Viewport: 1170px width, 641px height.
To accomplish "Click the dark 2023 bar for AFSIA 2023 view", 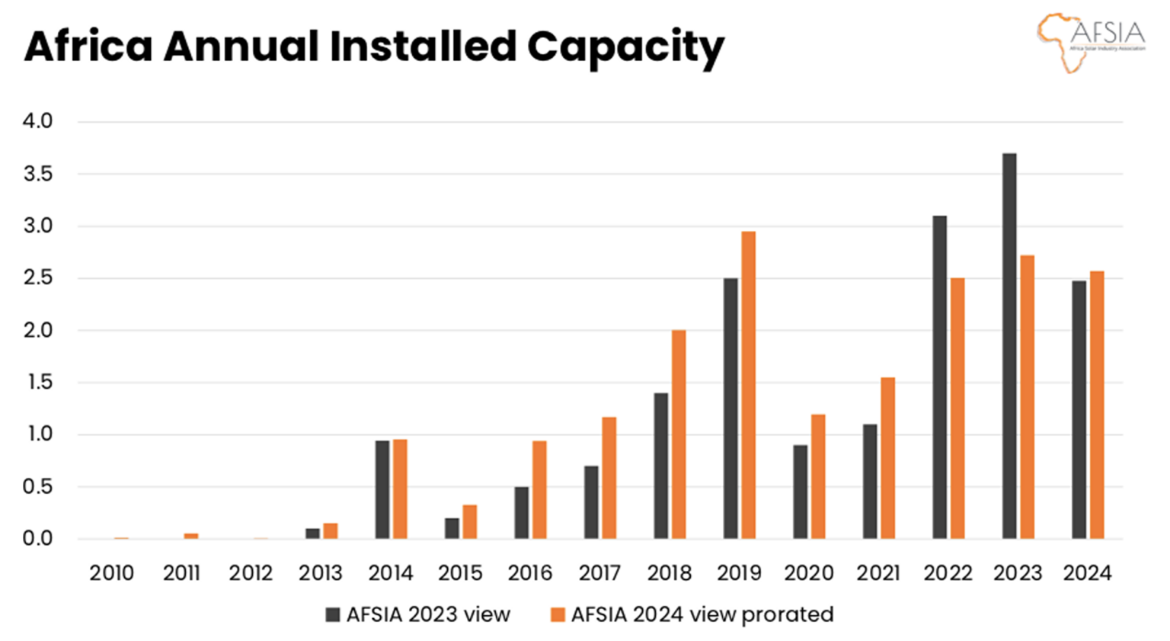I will (1009, 346).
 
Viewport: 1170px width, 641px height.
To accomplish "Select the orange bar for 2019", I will (748, 385).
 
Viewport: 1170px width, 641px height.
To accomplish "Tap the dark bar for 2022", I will (939, 377).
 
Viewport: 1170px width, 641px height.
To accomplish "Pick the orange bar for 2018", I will (678, 434).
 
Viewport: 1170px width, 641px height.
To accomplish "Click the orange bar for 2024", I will (1096, 405).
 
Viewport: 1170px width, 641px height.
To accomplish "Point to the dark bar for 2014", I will (382, 489).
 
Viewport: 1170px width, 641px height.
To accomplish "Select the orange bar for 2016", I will (539, 489).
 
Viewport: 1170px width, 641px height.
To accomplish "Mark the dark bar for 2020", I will (800, 492).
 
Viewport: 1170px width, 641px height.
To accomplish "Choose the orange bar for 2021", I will (887, 458).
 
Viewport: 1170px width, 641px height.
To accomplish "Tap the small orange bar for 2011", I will (190, 536).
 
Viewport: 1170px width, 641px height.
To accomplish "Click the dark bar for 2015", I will (452, 528).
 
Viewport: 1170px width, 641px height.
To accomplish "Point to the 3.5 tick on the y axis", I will (37, 174).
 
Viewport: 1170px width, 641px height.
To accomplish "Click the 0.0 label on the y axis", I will (37, 538).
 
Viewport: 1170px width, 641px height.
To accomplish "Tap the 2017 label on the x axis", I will (599, 573).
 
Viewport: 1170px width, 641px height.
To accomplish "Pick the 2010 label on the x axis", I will (111, 573).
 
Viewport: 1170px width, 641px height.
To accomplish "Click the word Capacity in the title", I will (625, 47).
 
